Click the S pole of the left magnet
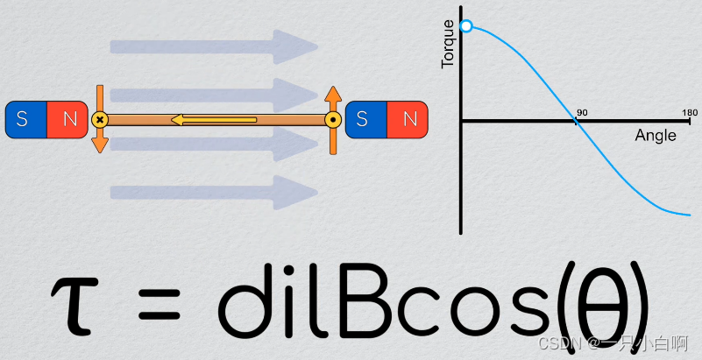(25, 120)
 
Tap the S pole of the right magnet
(366, 120)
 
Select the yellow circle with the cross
(100, 119)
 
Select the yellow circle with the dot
(333, 119)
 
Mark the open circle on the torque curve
(466, 26)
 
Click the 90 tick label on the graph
(580, 112)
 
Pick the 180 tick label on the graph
(690, 112)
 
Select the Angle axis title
(655, 136)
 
